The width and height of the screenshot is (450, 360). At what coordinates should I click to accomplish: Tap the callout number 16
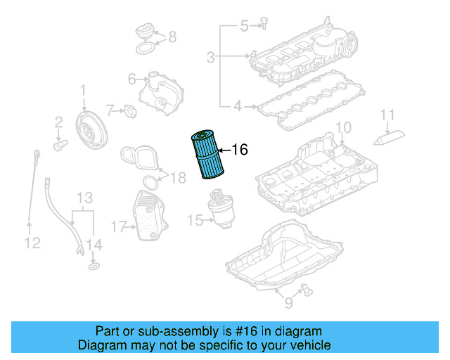tap(240, 150)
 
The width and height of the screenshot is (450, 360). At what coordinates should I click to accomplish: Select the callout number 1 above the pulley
tap(83, 90)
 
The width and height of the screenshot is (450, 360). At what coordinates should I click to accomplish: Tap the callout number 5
tap(245, 27)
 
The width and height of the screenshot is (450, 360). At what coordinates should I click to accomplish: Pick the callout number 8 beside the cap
tap(172, 37)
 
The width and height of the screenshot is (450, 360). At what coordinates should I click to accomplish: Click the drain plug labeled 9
tap(306, 285)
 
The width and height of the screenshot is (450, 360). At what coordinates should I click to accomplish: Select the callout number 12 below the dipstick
tap(32, 243)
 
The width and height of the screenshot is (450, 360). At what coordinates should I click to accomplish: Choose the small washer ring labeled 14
tap(93, 267)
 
